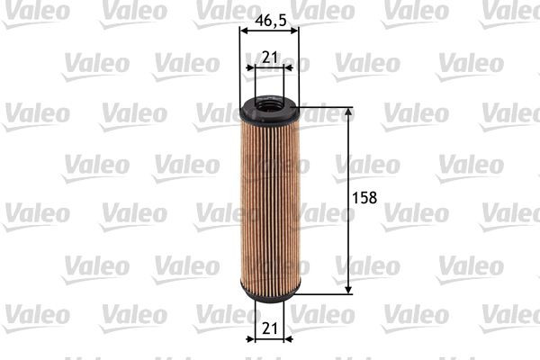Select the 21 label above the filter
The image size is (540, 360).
click(268, 58)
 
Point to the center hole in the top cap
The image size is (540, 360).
click(269, 105)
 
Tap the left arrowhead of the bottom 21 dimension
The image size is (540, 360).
click(252, 340)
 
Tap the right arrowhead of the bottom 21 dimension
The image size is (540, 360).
click(286, 340)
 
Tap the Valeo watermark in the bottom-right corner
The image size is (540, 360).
click(509, 314)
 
